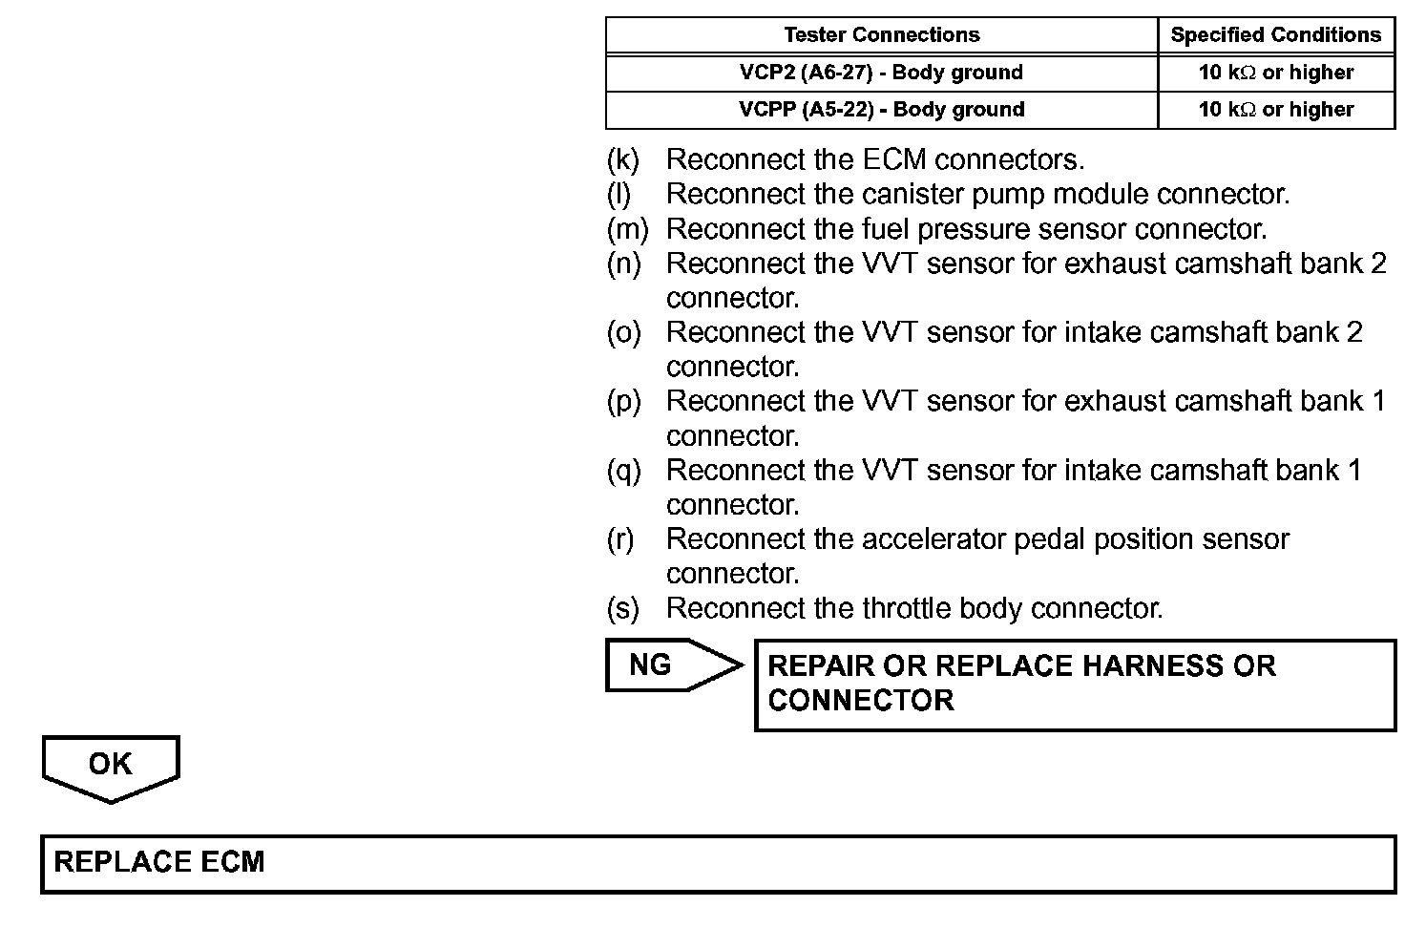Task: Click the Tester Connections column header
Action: click(x=881, y=35)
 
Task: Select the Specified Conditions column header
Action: click(x=1275, y=35)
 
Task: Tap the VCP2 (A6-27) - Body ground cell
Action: click(x=881, y=73)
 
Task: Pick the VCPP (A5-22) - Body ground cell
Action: click(x=881, y=110)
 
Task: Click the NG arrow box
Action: click(x=668, y=664)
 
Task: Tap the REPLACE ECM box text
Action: click(x=159, y=862)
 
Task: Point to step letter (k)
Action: click(x=623, y=159)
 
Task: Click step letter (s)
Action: click(x=623, y=608)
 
